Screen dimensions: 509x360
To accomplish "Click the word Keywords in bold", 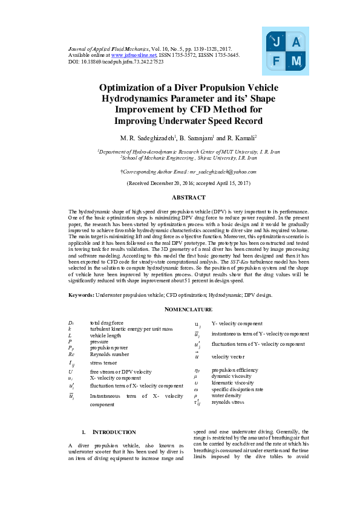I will (81, 295).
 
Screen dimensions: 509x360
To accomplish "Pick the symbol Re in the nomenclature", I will (72, 353).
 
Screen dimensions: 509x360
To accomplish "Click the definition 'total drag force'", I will (106, 323).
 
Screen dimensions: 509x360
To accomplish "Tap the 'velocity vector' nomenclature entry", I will (229, 357).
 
